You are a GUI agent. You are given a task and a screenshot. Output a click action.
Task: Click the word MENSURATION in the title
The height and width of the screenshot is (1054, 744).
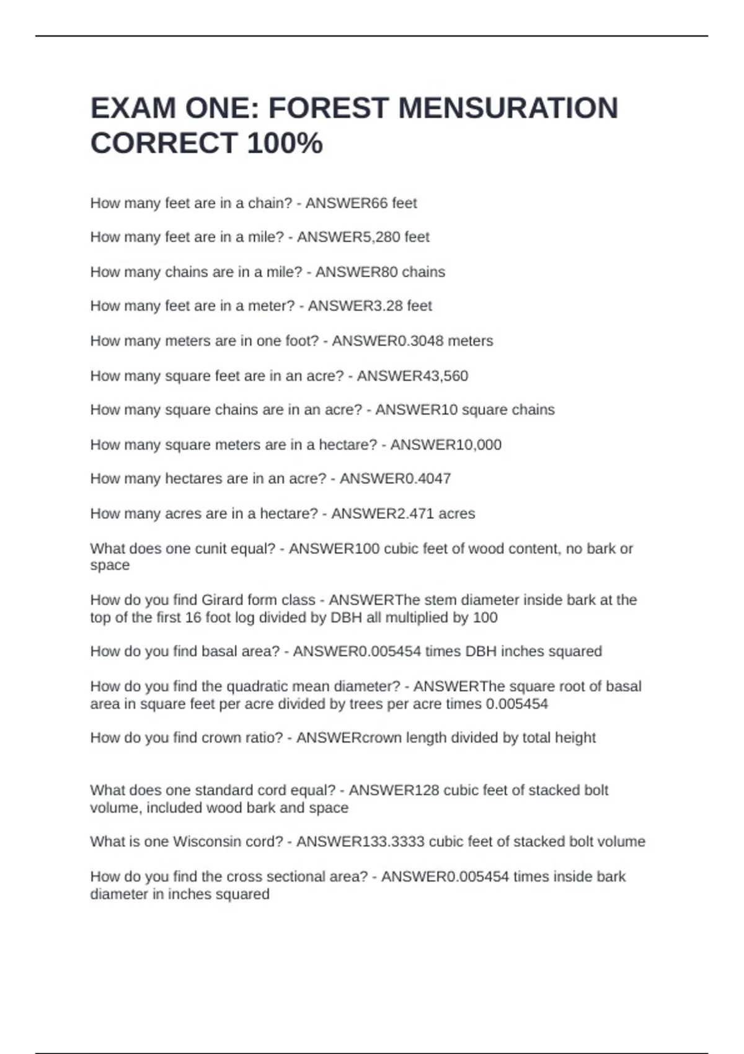pyautogui.click(x=508, y=108)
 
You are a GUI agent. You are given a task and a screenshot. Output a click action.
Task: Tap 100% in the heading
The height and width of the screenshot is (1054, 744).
pyautogui.click(x=285, y=144)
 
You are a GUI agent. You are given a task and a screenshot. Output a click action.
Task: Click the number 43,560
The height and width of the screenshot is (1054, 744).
pyautogui.click(x=437, y=376)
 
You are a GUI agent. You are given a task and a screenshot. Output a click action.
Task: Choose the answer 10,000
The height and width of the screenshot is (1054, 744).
pyautogui.click(x=471, y=445)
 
